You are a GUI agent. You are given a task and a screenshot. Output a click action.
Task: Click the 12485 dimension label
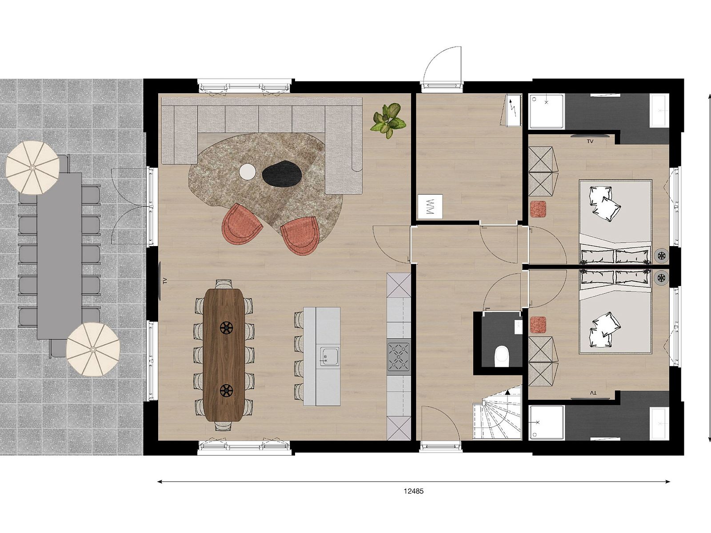pos(413,491)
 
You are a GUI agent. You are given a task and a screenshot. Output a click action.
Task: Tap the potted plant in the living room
pos(388,119)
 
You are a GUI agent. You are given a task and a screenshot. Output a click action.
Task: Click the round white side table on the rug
pos(248,172)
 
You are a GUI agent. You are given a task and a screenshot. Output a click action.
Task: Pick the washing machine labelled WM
pos(430,206)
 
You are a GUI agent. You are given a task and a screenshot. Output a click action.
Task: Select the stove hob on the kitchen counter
pos(399,356)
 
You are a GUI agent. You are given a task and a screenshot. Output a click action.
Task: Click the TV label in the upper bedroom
pos(590,142)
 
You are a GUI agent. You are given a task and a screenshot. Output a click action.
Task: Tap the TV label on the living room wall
pos(164,281)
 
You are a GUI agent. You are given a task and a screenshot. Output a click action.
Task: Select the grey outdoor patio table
pos(59,255)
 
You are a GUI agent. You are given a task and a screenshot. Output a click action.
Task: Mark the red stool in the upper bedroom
pos(538,209)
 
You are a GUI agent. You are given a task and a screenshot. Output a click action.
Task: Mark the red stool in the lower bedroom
pos(538,325)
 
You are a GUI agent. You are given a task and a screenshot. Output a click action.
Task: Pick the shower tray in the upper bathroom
pos(547,111)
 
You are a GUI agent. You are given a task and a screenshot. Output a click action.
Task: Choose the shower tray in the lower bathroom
pos(547,422)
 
